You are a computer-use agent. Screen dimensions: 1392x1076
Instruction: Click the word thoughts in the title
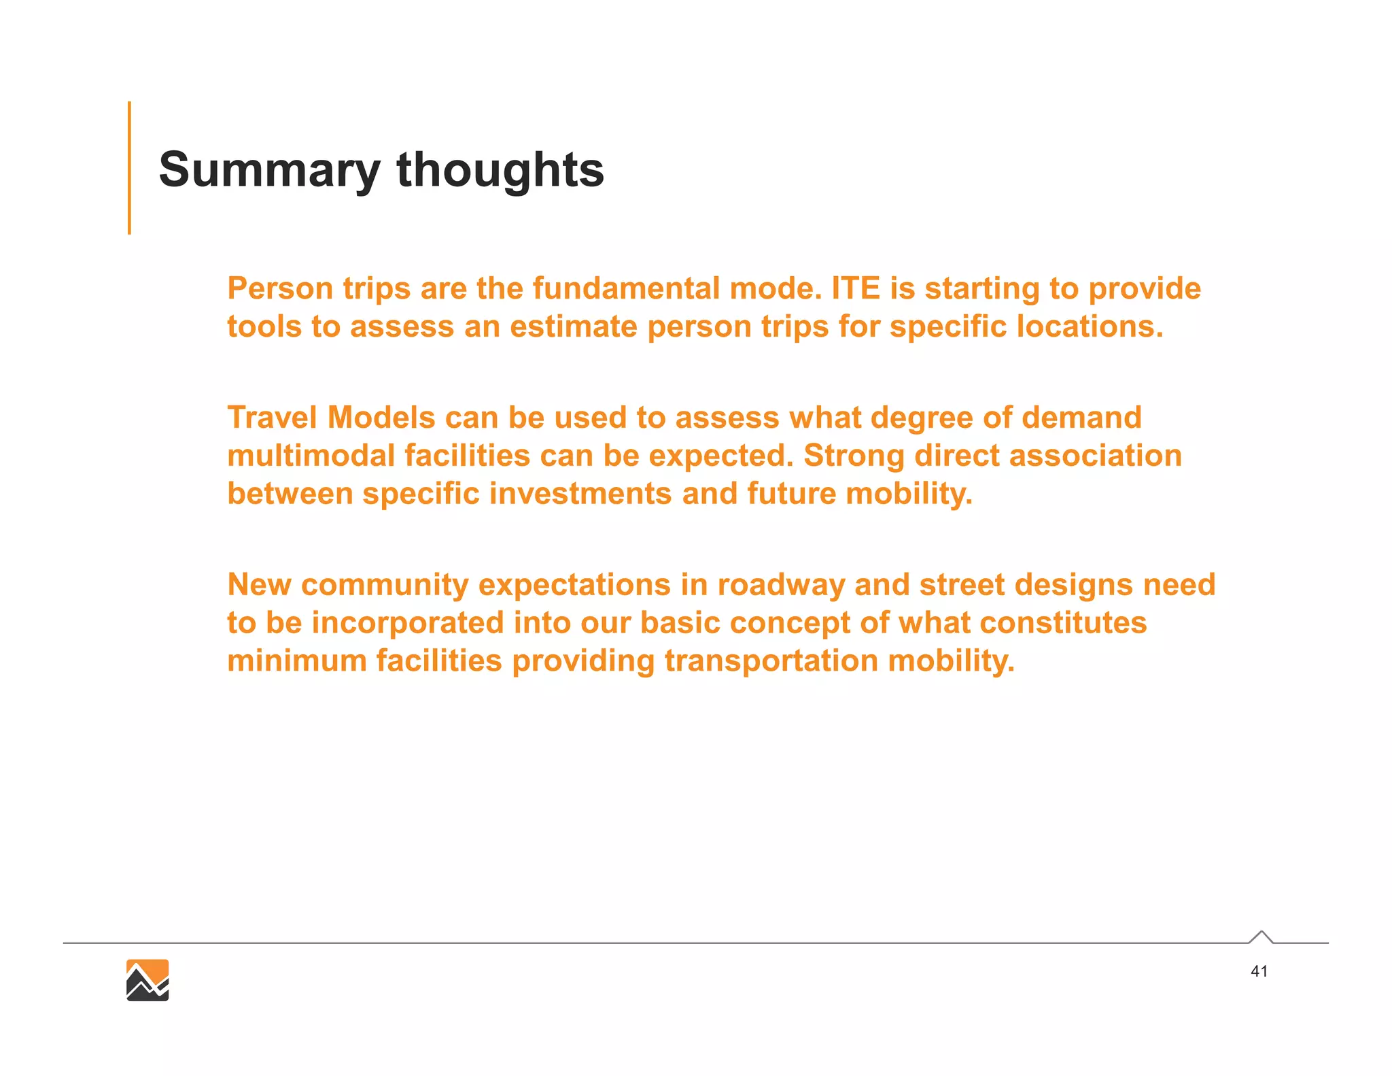tap(500, 170)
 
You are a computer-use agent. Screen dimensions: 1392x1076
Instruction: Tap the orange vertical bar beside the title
tap(129, 168)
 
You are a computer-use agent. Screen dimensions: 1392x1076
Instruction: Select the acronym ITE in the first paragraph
tap(856, 288)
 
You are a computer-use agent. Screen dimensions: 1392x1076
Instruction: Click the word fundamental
tap(626, 288)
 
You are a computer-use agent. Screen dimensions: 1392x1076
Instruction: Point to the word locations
tap(1090, 326)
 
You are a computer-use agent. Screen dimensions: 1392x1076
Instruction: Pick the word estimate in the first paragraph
tap(574, 326)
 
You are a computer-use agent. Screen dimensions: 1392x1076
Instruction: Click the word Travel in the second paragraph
tap(272, 418)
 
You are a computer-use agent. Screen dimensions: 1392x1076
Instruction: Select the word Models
tap(381, 418)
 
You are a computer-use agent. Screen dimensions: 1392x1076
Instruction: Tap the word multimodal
tap(311, 456)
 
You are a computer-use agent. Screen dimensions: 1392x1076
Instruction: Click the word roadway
tap(781, 585)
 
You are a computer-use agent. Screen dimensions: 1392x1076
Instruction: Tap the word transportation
tap(771, 661)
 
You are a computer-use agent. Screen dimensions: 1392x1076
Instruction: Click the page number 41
tap(1259, 971)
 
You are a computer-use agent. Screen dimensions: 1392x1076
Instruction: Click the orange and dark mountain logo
tap(147, 980)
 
